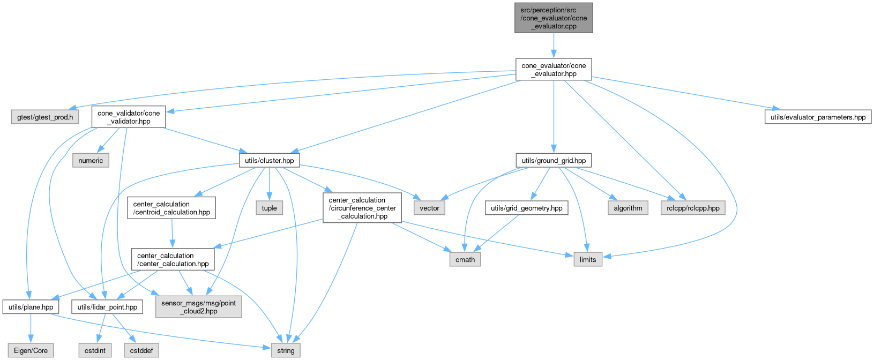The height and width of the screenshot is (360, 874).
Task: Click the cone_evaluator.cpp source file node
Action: [554, 18]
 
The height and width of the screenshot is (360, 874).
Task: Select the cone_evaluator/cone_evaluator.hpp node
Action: [554, 70]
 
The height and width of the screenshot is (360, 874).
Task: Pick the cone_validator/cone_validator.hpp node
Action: [129, 117]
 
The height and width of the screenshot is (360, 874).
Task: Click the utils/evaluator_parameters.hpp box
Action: [817, 117]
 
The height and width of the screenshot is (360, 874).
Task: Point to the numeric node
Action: [91, 160]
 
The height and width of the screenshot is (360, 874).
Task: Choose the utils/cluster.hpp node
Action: [269, 160]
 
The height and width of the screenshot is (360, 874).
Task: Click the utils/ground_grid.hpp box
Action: [554, 160]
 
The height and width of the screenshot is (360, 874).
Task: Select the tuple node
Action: [269, 208]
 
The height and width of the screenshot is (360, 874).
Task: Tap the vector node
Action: [429, 208]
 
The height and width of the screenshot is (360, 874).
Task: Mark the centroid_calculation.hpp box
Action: [171, 208]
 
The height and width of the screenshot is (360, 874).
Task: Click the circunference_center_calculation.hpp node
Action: [362, 208]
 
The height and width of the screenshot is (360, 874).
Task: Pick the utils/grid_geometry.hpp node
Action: [526, 208]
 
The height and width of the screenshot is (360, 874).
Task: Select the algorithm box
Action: [628, 208]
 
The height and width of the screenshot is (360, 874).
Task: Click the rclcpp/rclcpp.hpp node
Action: [693, 208]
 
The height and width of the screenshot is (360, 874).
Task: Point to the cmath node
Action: [465, 259]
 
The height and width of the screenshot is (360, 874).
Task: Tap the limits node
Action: [587, 259]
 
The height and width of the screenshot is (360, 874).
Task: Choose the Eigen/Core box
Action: [31, 350]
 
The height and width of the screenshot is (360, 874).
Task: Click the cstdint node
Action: [95, 350]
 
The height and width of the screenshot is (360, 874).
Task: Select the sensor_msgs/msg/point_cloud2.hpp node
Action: [199, 307]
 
